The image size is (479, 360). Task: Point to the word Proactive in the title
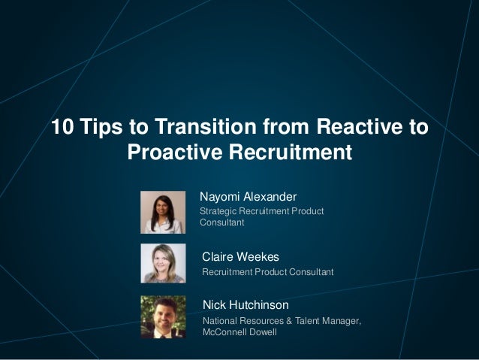pos(176,153)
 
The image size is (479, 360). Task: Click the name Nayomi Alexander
pos(248,197)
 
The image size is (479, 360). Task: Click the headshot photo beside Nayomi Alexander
pos(163,211)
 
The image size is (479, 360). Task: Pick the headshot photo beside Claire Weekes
pos(163,263)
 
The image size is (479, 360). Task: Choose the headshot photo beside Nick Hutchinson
pos(163,316)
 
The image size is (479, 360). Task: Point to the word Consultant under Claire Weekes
pos(309,271)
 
